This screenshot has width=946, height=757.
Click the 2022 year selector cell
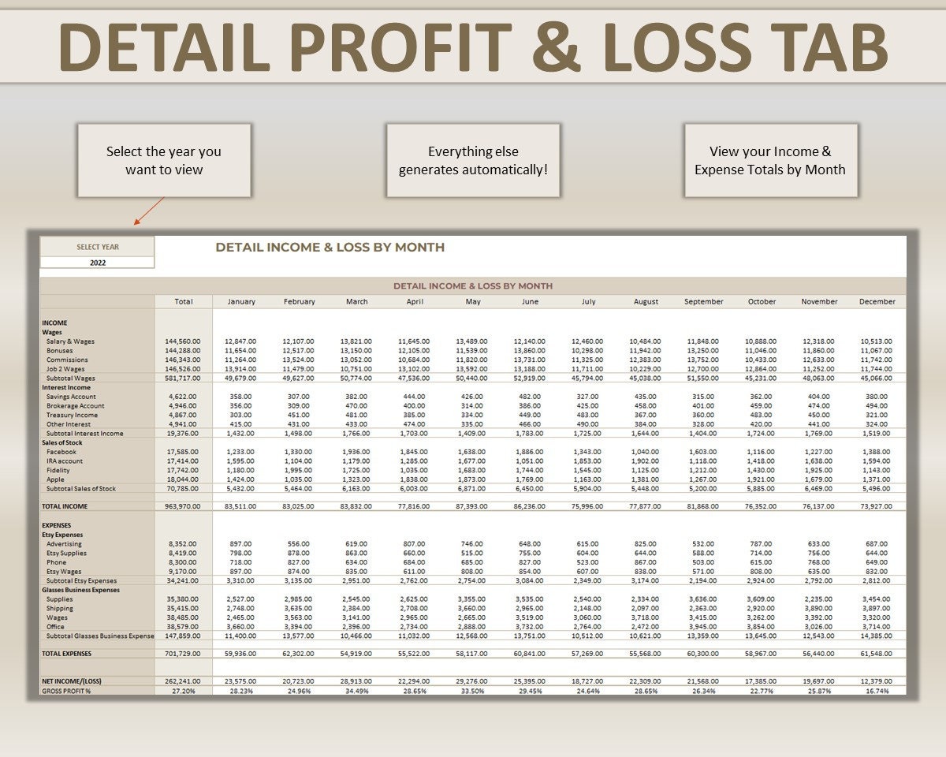point(98,263)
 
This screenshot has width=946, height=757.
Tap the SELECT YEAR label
point(98,247)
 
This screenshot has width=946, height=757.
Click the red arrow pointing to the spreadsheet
point(149,211)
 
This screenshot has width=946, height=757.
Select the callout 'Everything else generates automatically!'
point(473,160)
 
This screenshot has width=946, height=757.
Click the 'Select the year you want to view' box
point(164,160)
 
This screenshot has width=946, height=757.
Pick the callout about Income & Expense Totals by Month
point(770,160)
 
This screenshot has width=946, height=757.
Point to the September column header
point(703,301)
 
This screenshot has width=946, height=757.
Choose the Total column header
point(184,301)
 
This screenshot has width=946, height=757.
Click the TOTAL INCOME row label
point(65,506)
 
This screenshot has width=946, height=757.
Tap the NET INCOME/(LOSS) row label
point(71,681)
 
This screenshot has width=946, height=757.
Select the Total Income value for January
point(240,506)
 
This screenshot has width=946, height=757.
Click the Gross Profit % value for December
point(877,691)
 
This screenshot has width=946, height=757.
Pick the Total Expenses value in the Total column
point(184,654)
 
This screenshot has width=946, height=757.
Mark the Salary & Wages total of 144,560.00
point(184,341)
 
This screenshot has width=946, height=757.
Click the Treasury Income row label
point(72,415)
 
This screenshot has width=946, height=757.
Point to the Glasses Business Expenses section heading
point(80,590)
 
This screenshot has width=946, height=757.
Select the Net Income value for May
point(471,681)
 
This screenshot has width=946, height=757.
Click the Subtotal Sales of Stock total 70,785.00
point(184,489)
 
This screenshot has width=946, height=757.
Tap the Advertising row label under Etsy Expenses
point(64,544)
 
